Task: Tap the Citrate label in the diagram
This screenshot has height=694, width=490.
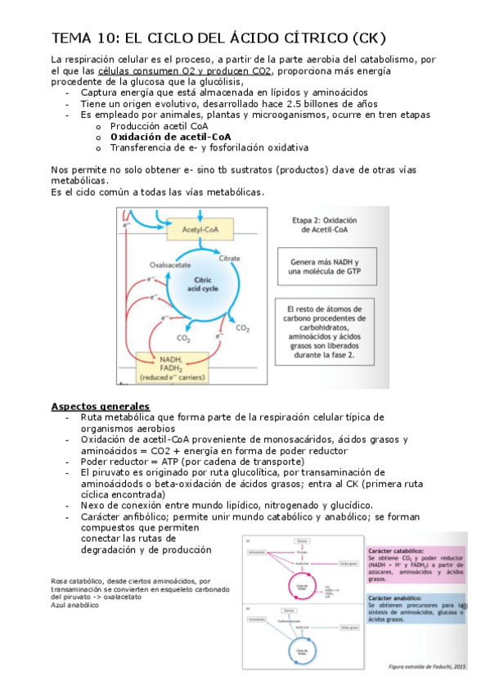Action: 230,258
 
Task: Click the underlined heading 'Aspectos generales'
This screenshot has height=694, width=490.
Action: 101,406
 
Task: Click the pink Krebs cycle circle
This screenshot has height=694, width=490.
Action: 302,584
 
